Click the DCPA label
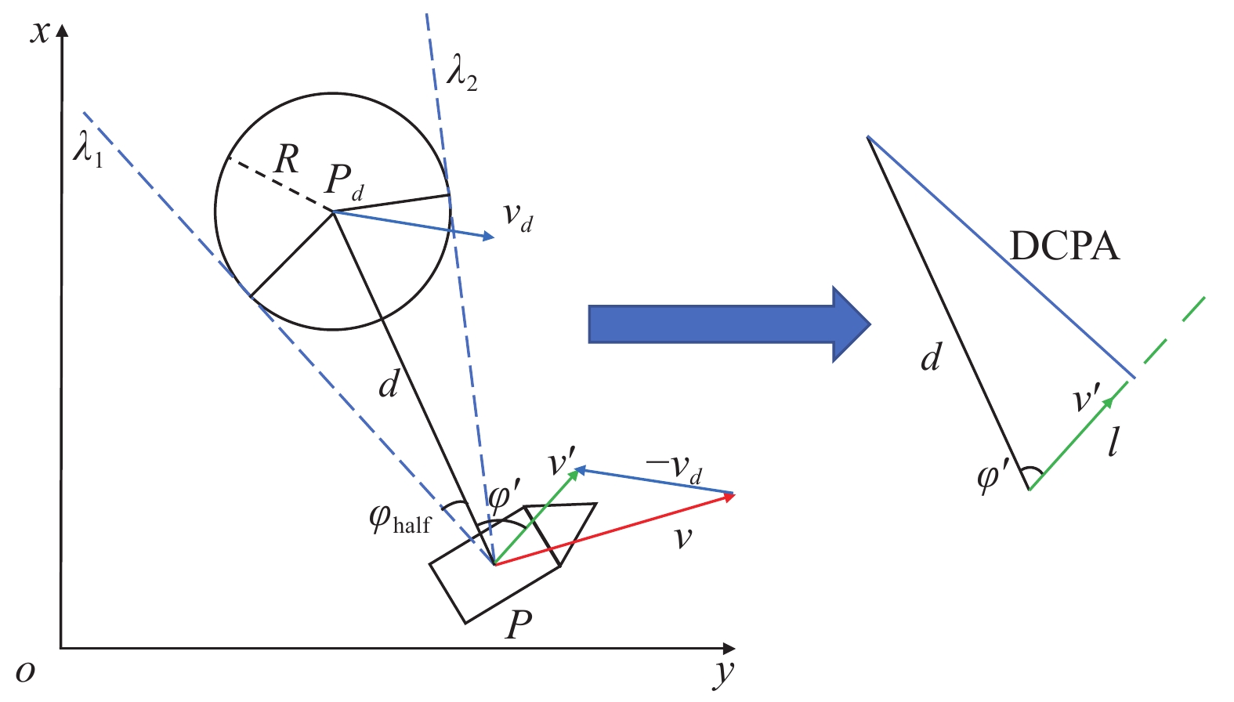point(1064,246)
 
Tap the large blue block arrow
point(729,324)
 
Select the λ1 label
point(88,148)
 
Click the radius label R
point(286,160)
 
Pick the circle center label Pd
point(344,182)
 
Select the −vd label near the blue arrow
point(673,469)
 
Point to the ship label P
point(519,624)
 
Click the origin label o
point(26,671)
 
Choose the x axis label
point(38,32)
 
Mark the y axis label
point(724,673)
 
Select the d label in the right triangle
point(931,358)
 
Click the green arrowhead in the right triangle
point(1109,401)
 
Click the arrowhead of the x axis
point(62,30)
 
